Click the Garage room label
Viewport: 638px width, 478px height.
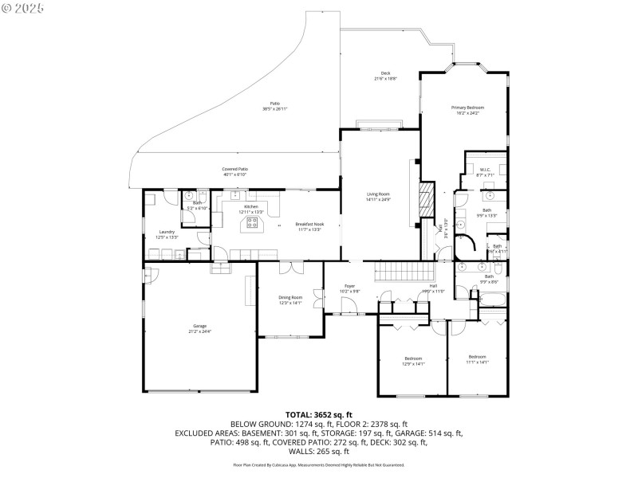(x=199, y=327)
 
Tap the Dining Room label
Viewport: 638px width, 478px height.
(x=290, y=297)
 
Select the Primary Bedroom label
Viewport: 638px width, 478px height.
(x=467, y=108)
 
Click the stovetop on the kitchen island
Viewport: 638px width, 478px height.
(x=253, y=222)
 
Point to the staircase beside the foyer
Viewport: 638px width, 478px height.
(x=392, y=272)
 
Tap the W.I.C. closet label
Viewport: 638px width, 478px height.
(x=485, y=169)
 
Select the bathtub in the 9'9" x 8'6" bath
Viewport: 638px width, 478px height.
(x=492, y=300)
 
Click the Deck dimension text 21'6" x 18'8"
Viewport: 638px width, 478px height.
(x=386, y=78)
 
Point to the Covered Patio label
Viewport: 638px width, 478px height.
(x=235, y=169)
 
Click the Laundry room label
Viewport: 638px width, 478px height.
(x=167, y=232)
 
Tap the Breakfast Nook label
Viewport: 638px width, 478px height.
(x=309, y=225)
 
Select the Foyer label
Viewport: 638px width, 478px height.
(x=349, y=285)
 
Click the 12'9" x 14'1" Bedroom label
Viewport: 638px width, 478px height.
(x=413, y=358)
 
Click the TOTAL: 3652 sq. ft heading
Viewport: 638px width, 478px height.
(x=319, y=415)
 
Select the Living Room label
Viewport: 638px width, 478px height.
(x=378, y=194)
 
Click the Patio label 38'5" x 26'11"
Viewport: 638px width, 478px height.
(x=274, y=104)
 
